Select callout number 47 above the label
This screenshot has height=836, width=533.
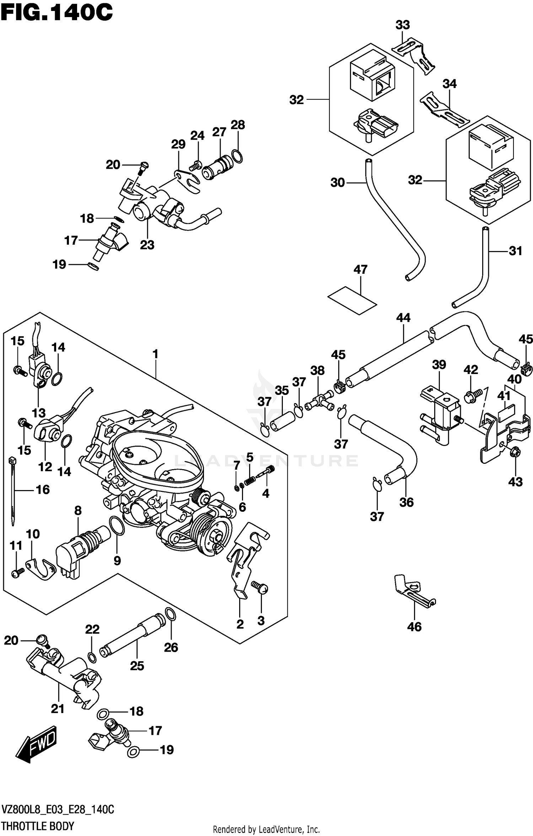360,270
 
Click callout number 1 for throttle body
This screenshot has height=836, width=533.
155,354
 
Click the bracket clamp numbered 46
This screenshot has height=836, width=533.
413,592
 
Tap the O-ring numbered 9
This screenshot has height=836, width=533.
117,526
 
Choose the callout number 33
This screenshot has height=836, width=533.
403,25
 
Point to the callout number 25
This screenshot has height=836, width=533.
137,666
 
